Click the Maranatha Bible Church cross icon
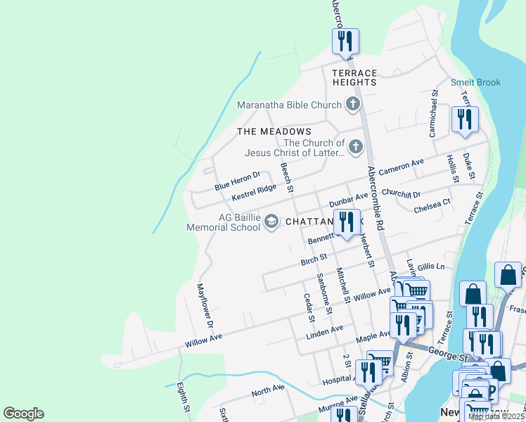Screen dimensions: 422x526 353,105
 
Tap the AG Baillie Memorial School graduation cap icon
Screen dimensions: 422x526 271,223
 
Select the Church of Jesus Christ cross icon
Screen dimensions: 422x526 356,148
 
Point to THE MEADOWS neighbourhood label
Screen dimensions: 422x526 274,132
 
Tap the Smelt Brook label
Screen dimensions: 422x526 475,82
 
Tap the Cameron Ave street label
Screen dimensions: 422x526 401,167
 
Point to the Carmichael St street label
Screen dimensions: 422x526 433,113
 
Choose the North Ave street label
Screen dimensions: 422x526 268,389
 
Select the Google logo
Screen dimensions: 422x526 23,414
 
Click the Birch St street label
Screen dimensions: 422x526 314,261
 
